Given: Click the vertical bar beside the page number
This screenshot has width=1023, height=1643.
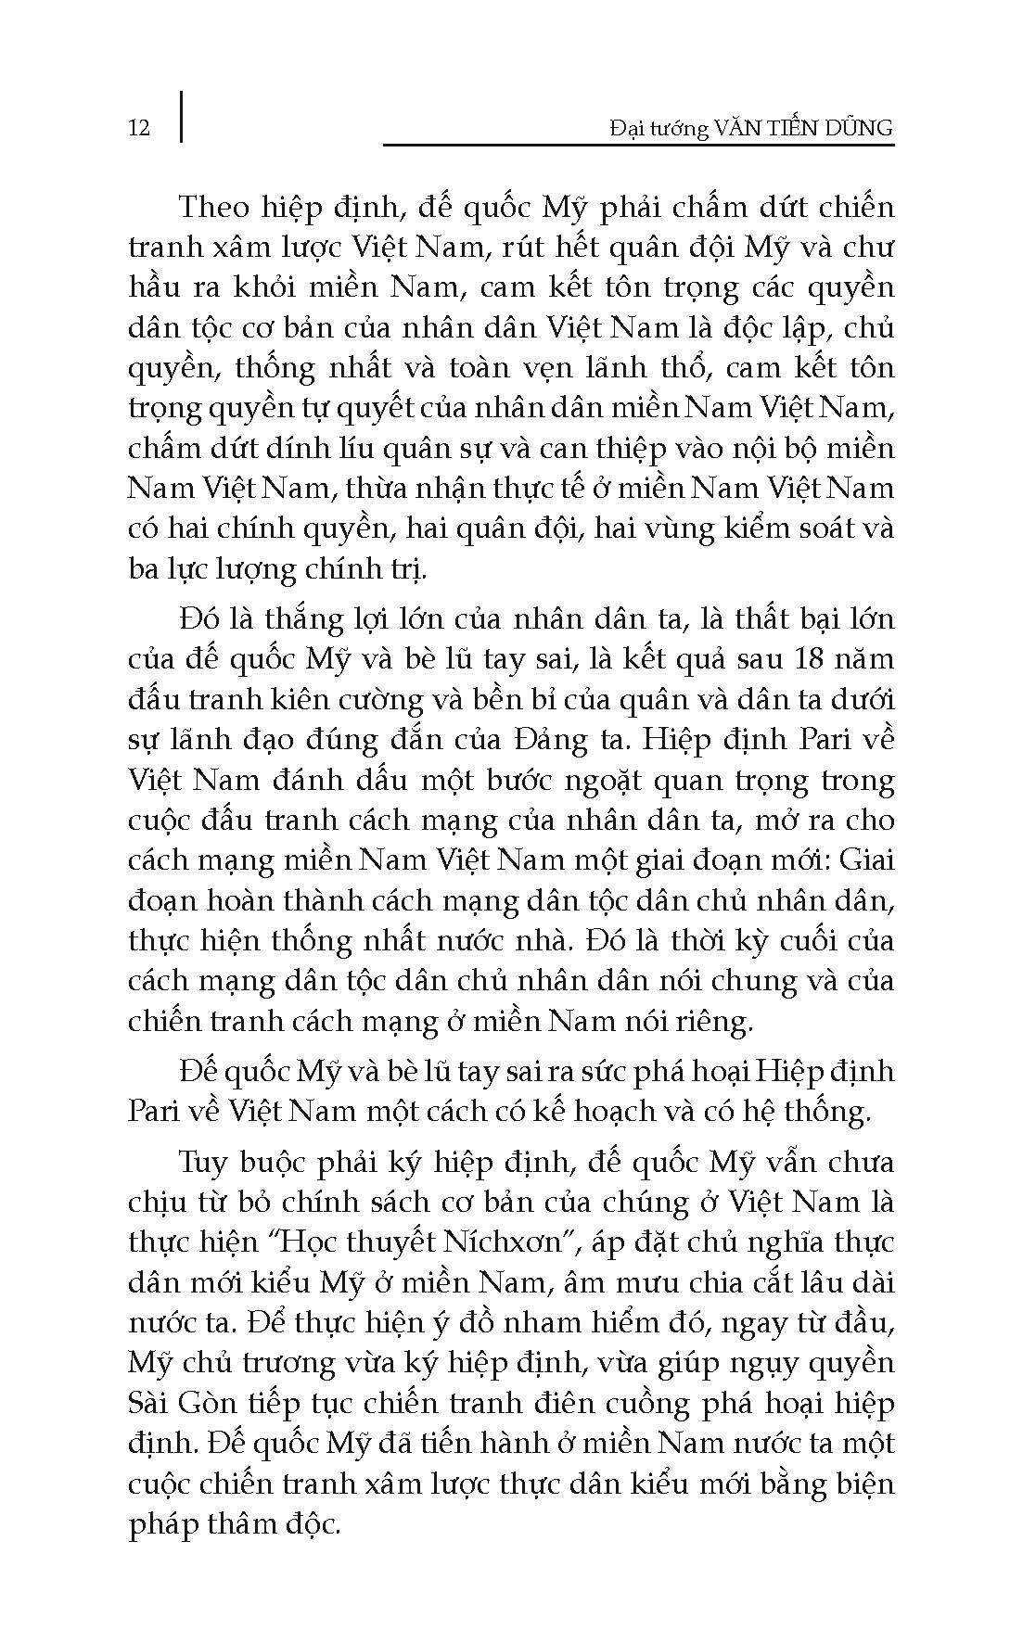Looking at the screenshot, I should pos(180,116).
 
